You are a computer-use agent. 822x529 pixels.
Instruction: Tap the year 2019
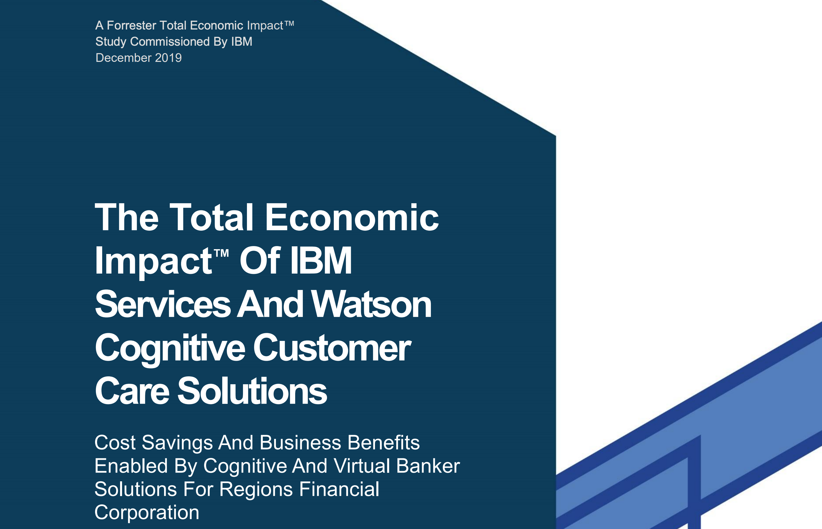coord(168,58)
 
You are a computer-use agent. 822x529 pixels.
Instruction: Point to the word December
coord(124,58)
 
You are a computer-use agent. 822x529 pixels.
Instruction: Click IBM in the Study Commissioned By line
coord(242,41)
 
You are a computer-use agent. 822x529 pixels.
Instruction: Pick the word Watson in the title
coord(371,304)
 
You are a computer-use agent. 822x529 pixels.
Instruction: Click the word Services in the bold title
coord(163,304)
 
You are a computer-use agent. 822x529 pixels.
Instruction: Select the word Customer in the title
coord(332,348)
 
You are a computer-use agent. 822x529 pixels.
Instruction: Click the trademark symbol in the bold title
coord(221,253)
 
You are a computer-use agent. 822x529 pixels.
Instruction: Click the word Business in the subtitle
coord(301,442)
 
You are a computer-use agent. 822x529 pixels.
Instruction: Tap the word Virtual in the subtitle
coord(362,466)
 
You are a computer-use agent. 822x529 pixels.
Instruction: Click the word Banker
coord(428,466)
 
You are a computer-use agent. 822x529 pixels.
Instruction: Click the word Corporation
coord(147,513)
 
